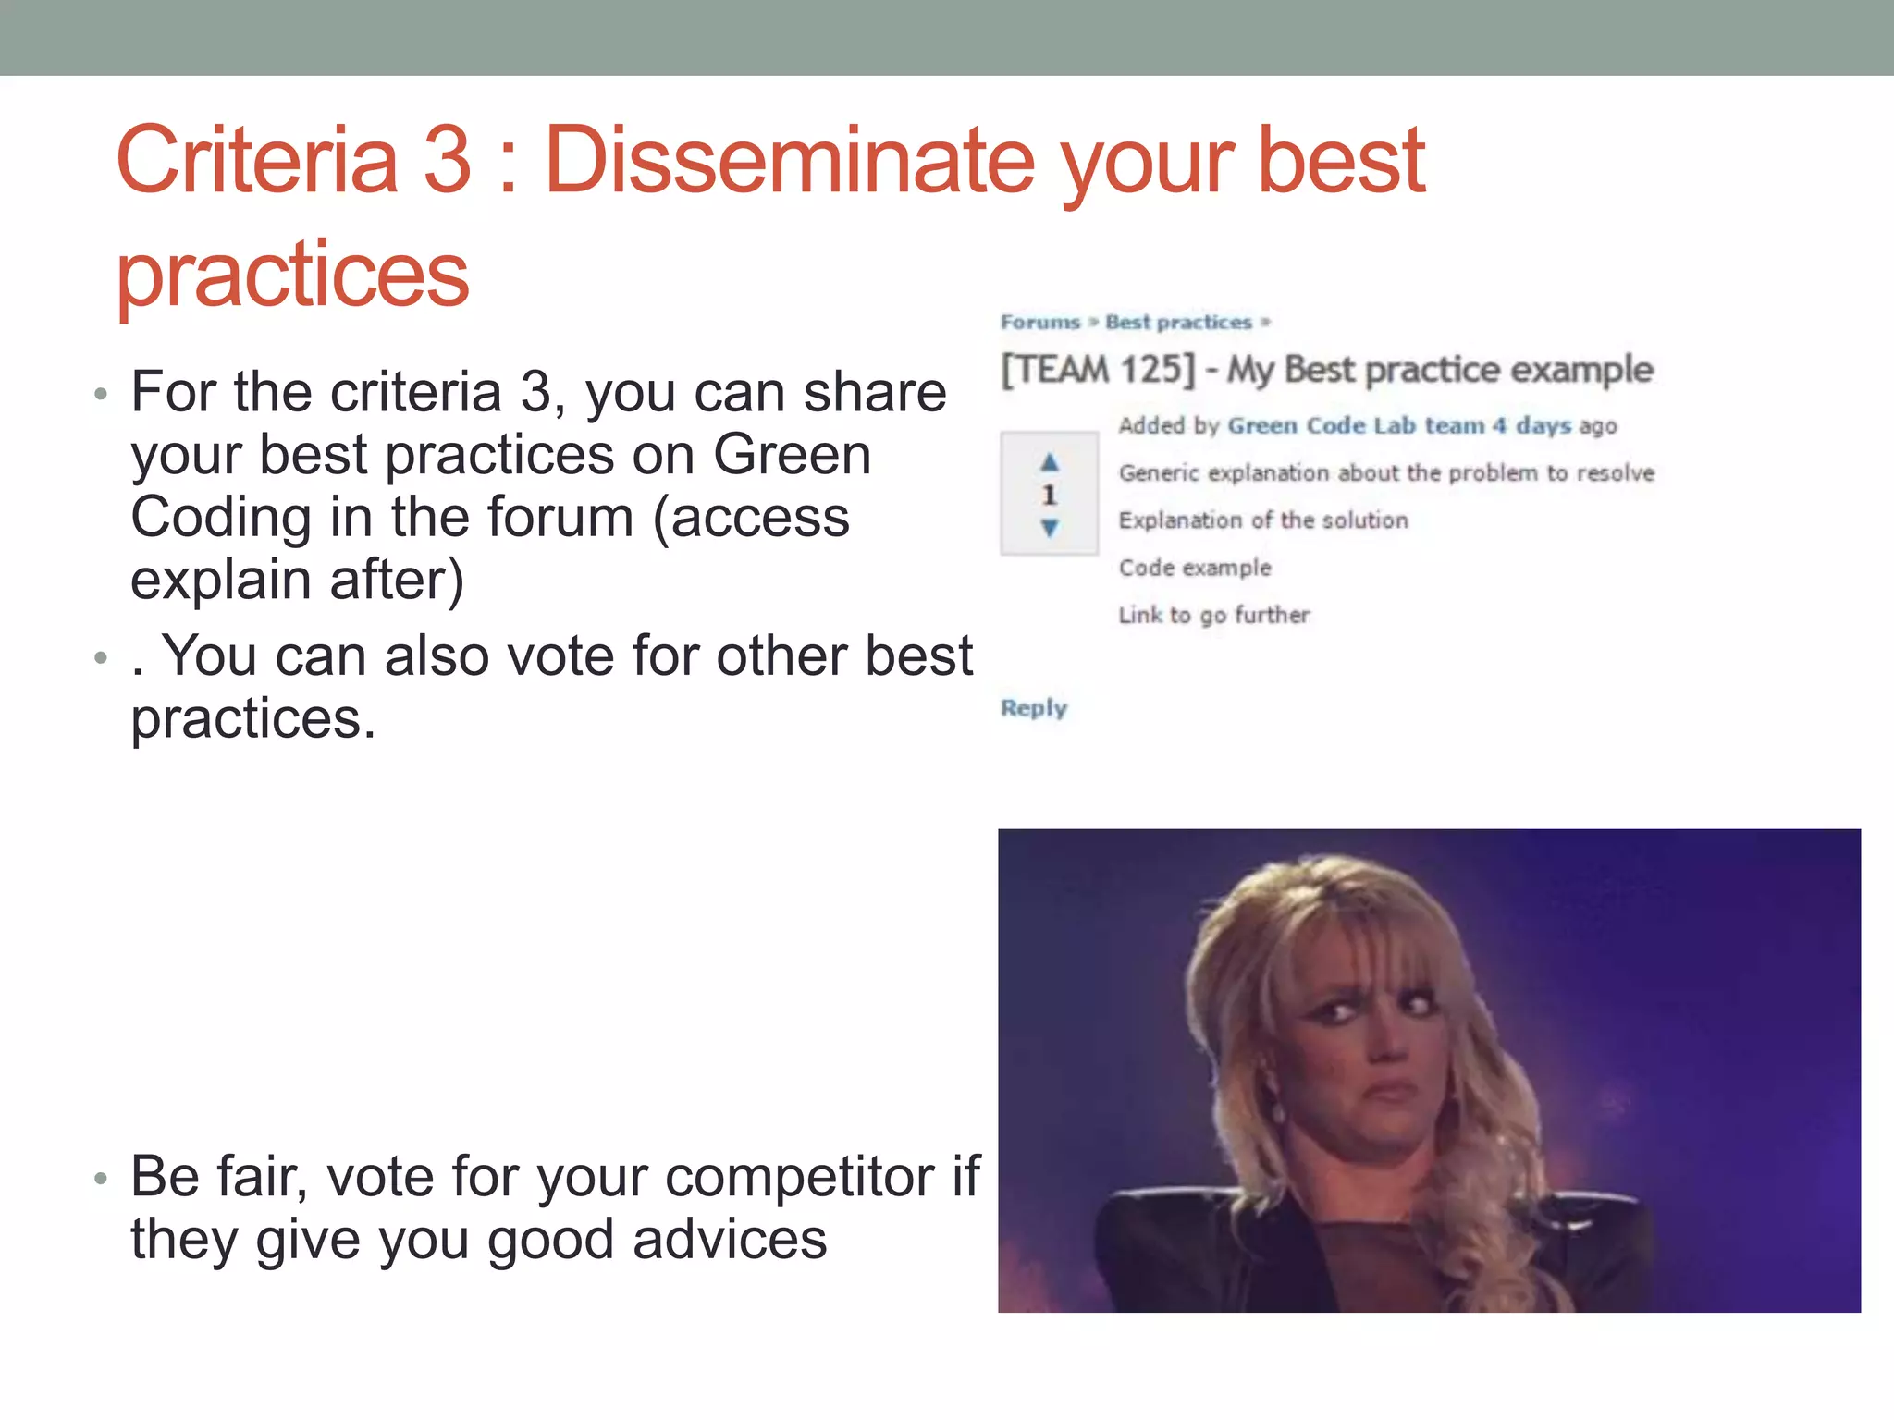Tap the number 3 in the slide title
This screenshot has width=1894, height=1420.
tap(447, 161)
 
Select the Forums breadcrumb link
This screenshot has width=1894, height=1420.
tap(1040, 322)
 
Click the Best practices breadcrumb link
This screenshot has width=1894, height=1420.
tap(1178, 322)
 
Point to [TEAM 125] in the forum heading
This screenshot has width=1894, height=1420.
tap(1098, 370)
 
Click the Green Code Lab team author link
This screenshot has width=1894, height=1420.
tap(1356, 425)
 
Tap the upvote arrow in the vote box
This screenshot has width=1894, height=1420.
tap(1049, 461)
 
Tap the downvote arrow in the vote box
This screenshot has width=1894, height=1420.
tap(1049, 528)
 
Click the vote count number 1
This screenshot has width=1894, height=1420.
tap(1049, 495)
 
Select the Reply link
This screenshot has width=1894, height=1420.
tap(1034, 708)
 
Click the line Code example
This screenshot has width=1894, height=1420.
tap(1195, 568)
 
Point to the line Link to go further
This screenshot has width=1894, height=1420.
tap(1213, 615)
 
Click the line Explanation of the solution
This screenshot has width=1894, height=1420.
tap(1263, 520)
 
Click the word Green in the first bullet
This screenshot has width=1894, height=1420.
tap(793, 455)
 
